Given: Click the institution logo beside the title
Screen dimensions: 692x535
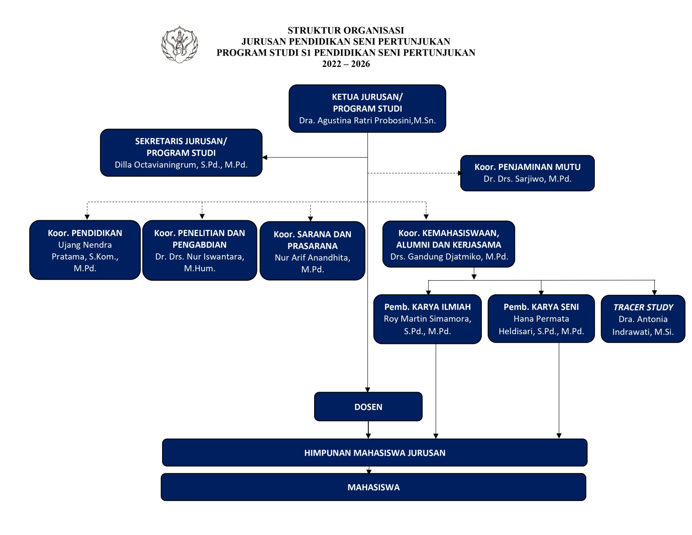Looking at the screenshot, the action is pos(179,44).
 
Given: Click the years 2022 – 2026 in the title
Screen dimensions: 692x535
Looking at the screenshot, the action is pos(346,64).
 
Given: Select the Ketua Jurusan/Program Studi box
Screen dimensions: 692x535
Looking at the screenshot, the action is pos(367,108).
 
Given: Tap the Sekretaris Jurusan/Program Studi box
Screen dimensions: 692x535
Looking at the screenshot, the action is pos(181,153).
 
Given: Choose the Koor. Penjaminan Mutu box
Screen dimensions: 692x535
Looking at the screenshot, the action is pos(527,173).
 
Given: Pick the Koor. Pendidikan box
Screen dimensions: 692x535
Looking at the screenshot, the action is pos(85,250).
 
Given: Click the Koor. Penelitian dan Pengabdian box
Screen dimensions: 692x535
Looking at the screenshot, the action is pos(200,250).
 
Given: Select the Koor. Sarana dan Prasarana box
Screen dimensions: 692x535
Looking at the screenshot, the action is pos(313,251).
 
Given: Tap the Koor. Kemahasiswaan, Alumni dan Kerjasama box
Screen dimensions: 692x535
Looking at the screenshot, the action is pos(449,244).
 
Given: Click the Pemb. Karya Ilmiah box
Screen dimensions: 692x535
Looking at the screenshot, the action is pos(427,319).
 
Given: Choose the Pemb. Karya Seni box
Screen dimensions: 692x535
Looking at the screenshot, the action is pos(541,319).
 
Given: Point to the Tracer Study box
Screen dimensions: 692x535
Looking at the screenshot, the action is pos(643,319).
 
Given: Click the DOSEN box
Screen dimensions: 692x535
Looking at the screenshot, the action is pos(368,407).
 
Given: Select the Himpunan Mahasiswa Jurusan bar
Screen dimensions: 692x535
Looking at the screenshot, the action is pos(375,453).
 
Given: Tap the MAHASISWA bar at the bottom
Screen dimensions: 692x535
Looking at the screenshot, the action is pos(373,487).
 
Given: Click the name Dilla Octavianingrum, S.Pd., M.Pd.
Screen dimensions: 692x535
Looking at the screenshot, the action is pos(181,165).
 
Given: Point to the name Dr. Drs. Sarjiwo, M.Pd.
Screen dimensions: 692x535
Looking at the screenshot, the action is pos(527,179).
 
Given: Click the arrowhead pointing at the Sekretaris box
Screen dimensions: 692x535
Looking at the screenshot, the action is pos(265,157).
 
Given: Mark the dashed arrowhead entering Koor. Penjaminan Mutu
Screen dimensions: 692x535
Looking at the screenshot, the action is pos(460,173).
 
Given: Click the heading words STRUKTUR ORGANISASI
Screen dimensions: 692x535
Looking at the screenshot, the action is pos(346,30).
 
